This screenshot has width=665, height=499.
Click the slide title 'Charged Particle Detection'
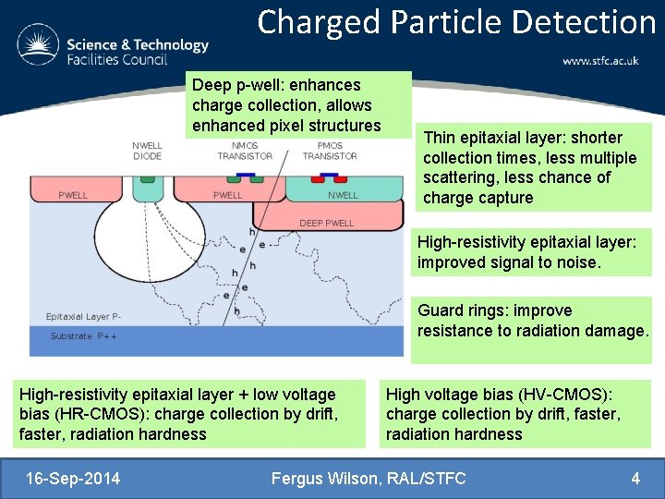(x=456, y=22)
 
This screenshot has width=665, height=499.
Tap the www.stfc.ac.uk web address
(x=600, y=61)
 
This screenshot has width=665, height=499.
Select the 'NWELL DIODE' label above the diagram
(x=147, y=151)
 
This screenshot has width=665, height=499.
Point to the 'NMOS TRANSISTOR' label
(x=245, y=151)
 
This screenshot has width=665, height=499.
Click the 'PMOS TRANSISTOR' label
(x=330, y=151)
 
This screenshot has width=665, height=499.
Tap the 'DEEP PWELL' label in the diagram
(x=326, y=223)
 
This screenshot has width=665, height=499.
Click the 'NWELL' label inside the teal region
(x=343, y=195)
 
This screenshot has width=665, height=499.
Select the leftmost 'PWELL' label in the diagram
(x=73, y=195)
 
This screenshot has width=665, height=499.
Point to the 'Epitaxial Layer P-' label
(x=84, y=317)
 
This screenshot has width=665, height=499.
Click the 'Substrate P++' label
(x=84, y=336)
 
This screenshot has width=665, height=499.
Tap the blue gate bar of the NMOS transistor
(x=247, y=172)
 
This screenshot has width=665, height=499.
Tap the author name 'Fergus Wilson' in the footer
(x=323, y=479)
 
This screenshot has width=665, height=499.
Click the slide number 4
(x=635, y=479)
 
